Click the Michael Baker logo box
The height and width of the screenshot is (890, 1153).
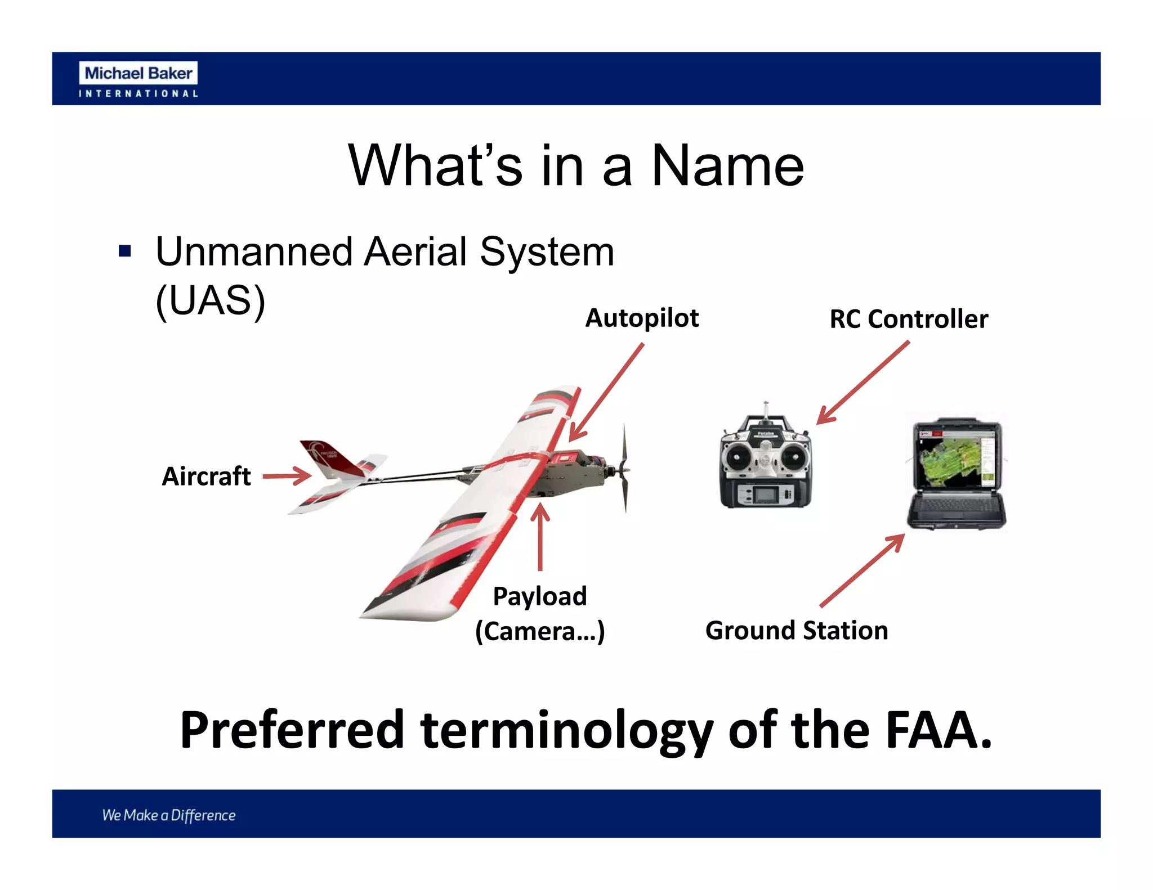click(138, 73)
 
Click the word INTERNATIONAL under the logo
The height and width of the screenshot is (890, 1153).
click(138, 93)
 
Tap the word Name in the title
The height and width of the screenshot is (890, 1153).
click(727, 165)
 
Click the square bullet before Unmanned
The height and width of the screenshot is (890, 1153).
click(125, 251)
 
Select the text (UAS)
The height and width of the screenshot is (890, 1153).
click(210, 300)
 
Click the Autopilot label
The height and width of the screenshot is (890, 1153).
click(642, 318)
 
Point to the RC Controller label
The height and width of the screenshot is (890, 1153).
click(908, 319)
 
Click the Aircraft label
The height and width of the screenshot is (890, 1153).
click(206, 477)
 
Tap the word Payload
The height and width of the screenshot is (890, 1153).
click(539, 596)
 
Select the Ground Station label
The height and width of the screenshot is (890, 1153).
click(796, 631)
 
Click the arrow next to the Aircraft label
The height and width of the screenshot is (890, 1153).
click(287, 476)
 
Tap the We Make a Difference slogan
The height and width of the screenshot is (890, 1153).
click(169, 815)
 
